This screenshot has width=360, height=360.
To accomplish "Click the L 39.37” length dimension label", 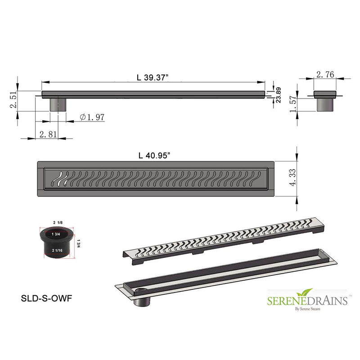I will (153, 77).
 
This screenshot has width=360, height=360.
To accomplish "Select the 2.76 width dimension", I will (325, 75).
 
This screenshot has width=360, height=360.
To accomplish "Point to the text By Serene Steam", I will (308, 309).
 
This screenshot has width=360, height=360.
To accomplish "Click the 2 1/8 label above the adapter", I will (57, 222).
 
